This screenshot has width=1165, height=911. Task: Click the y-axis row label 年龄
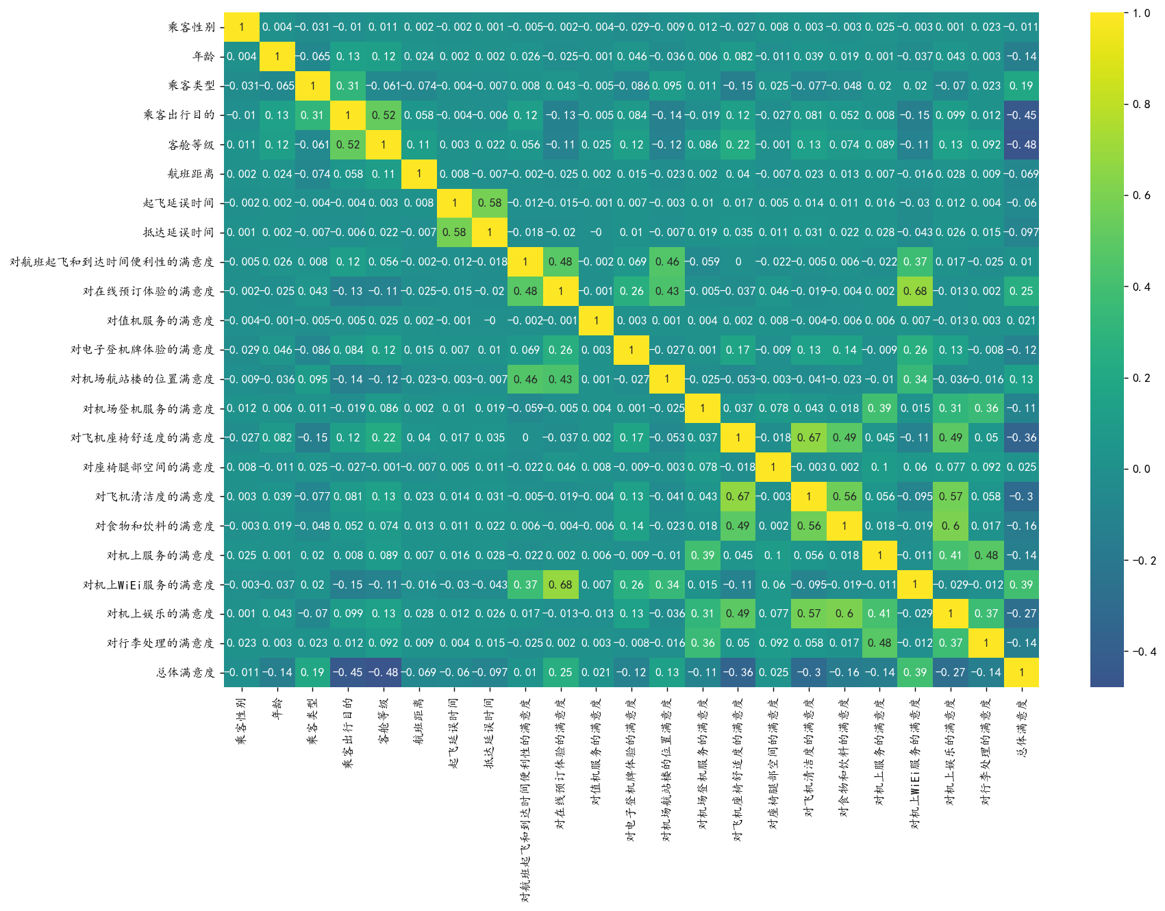click(203, 57)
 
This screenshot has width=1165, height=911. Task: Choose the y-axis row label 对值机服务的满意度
click(160, 321)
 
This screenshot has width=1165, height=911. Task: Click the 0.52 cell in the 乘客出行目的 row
click(384, 115)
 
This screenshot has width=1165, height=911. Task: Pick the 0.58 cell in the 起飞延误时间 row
click(490, 203)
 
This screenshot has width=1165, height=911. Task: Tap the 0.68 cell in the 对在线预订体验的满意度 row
click(915, 292)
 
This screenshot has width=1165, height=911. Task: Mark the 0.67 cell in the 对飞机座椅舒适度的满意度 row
click(809, 438)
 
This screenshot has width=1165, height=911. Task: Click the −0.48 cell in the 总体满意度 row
click(384, 673)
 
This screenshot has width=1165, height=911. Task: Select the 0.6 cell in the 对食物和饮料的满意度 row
click(951, 526)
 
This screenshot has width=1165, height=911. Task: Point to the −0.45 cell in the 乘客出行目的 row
click(1021, 115)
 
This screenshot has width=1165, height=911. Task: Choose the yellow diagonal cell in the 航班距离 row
click(418, 174)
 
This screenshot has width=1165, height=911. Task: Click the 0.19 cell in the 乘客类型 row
click(1021, 86)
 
